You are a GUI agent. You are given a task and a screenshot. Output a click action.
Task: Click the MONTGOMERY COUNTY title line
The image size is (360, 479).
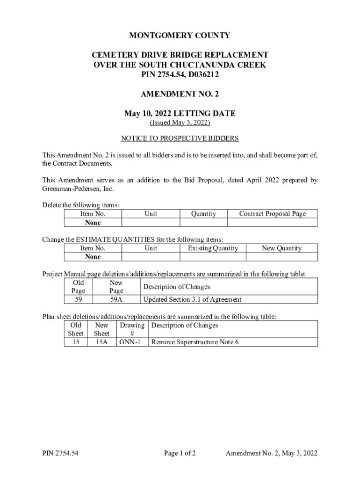(x=180, y=36)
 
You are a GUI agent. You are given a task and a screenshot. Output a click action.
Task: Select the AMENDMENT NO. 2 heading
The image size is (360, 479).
(x=180, y=94)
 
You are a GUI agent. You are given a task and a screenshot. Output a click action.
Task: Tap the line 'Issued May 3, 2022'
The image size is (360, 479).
(x=180, y=123)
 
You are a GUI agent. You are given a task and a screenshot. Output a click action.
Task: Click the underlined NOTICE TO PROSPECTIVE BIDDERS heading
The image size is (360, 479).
(x=180, y=138)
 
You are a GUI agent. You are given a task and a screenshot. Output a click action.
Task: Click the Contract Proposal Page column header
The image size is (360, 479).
(x=272, y=214)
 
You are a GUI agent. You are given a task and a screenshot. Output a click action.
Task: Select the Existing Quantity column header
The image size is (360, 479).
(x=213, y=248)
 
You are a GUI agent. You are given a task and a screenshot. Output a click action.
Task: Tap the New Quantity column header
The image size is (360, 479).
(x=281, y=248)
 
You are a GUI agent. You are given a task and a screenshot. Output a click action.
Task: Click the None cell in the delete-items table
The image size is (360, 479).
(x=93, y=223)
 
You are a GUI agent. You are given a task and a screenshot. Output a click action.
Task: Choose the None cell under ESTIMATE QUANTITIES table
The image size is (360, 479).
(x=93, y=257)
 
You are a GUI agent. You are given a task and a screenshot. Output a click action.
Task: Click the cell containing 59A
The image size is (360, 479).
(x=116, y=299)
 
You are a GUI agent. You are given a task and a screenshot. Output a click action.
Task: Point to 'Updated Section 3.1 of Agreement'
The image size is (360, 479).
(x=192, y=299)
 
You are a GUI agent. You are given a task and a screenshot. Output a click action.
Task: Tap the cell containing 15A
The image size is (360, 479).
(x=101, y=342)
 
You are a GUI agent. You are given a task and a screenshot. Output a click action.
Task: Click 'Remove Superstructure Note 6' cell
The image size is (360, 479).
(x=195, y=342)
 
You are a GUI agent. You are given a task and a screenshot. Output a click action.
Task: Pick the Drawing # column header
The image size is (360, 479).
(x=131, y=329)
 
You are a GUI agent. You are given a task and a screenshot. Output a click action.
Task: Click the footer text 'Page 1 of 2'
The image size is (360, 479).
(x=180, y=453)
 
